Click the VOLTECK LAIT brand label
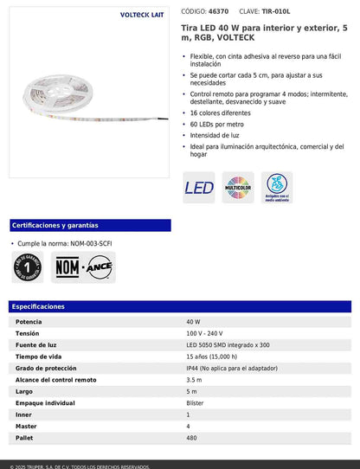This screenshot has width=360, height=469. tap(144, 16)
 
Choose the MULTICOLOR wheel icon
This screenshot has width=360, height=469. tap(238, 187)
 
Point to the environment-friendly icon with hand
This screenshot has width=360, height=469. tap(277, 187)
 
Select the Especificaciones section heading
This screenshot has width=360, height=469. tap(39, 306)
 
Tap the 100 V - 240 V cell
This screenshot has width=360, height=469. tap(204, 333)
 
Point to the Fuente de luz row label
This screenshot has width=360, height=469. tap(37, 345)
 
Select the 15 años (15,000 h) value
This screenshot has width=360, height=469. tap(211, 357)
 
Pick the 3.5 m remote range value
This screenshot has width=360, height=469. tap(194, 380)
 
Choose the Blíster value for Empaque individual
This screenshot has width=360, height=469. tap(196, 403)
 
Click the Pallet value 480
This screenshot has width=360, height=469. tap(192, 438)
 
